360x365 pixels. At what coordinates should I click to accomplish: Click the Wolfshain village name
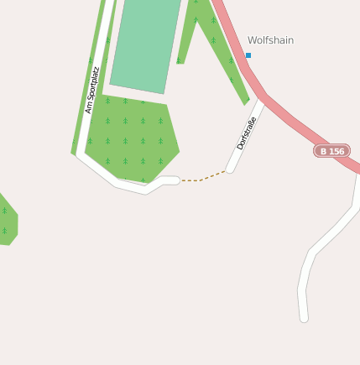[270, 40]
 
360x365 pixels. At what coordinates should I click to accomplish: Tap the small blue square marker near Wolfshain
[248, 55]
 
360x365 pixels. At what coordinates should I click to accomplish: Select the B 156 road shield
[332, 151]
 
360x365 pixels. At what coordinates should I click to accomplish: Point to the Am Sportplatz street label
[92, 90]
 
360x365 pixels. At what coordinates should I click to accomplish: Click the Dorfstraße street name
[246, 133]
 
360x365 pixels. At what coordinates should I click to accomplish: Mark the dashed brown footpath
[202, 178]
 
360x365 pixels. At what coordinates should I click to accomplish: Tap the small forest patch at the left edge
[6, 220]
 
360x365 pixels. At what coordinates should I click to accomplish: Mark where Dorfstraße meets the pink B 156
[262, 97]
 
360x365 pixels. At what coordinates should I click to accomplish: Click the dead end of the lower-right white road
[303, 318]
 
